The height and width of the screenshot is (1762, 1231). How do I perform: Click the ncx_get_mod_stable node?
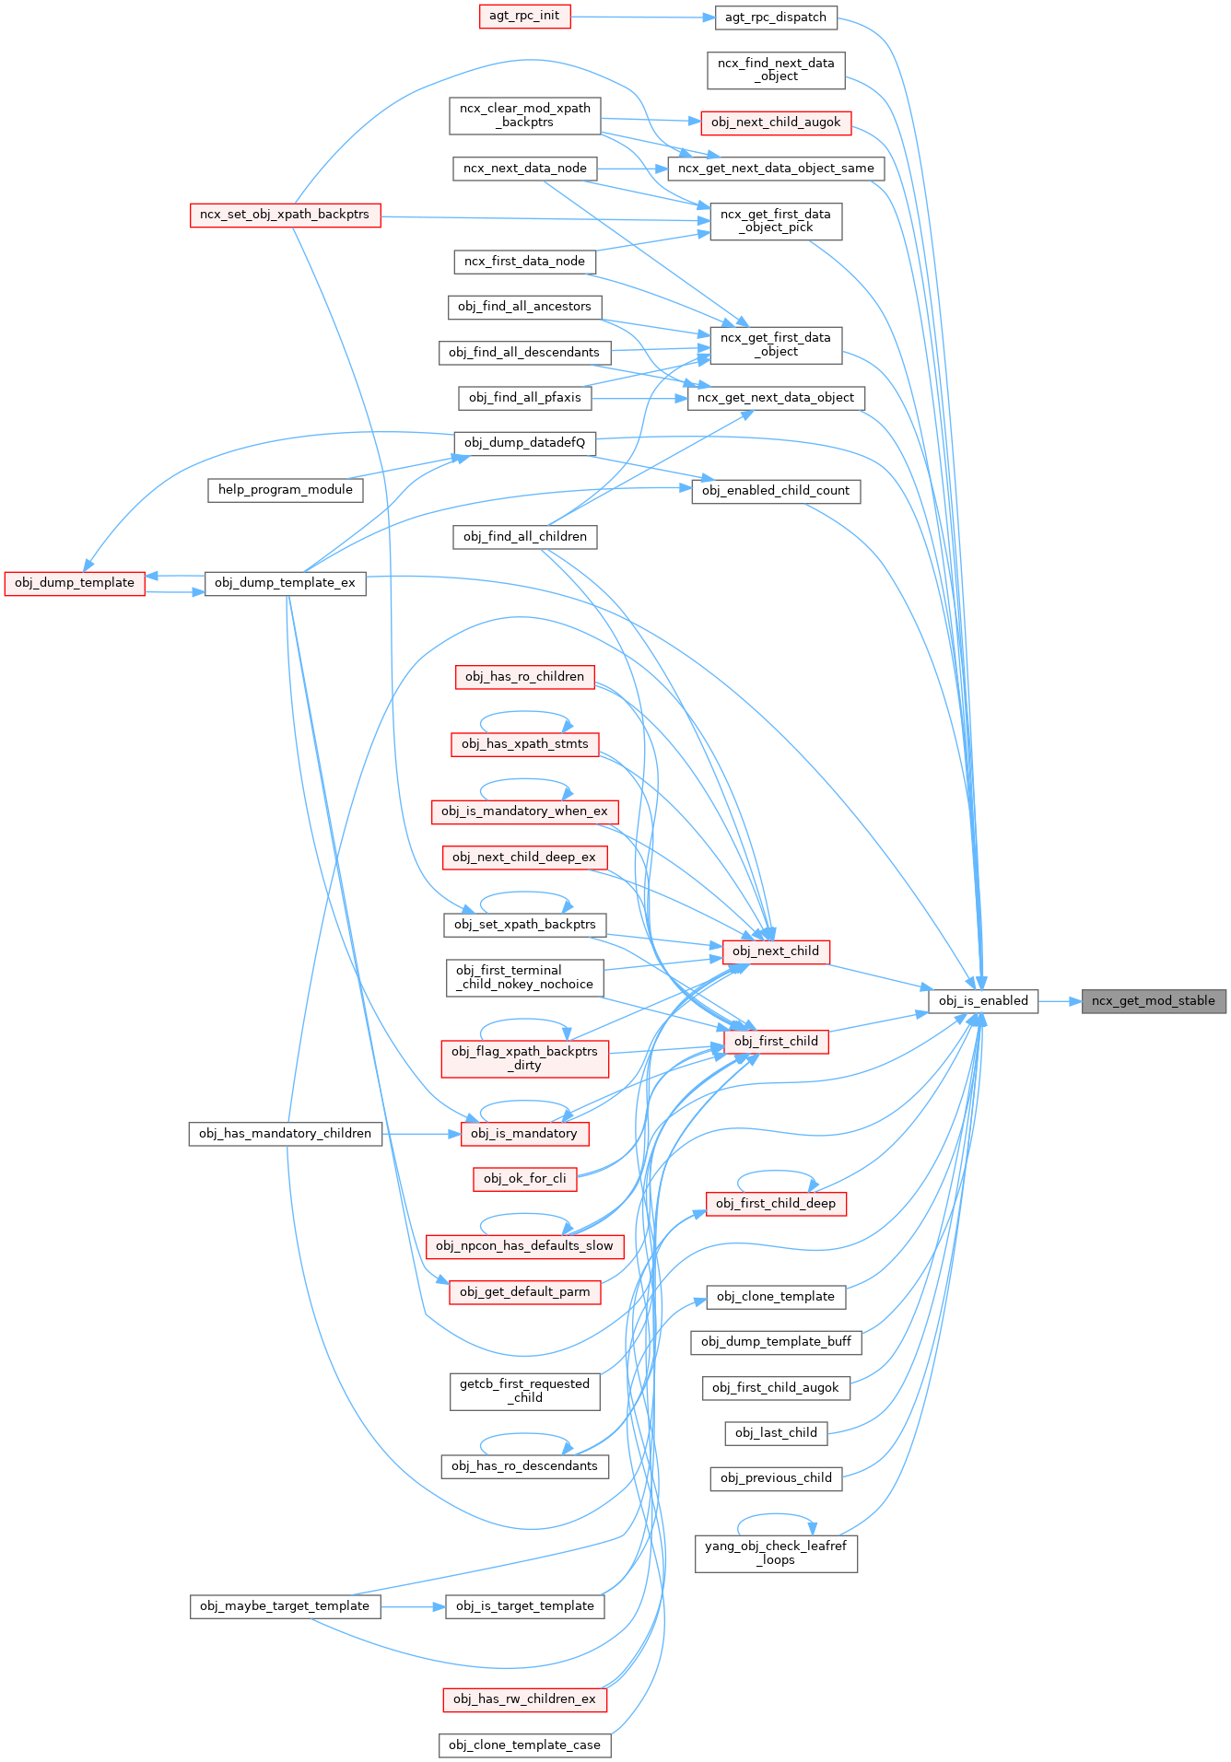click(1153, 1001)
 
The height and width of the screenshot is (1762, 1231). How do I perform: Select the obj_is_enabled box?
click(983, 1001)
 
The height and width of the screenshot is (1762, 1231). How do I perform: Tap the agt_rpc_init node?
click(524, 16)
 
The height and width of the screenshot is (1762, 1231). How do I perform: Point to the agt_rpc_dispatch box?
click(775, 18)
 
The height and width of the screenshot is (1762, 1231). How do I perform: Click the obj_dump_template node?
click(75, 583)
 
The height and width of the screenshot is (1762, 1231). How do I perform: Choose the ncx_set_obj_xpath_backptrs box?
click(285, 215)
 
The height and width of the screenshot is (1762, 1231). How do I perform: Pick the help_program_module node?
click(285, 490)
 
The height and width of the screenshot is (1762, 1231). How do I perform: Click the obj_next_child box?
click(776, 951)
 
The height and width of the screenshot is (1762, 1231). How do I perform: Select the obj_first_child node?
click(776, 1042)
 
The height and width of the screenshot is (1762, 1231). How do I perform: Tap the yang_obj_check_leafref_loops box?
click(776, 1553)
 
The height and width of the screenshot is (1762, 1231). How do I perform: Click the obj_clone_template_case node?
click(524, 1745)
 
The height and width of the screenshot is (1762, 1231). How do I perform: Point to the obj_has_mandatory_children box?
click(285, 1134)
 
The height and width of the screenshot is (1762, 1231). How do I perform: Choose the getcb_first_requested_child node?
click(524, 1391)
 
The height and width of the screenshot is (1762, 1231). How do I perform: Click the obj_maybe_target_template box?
click(285, 1606)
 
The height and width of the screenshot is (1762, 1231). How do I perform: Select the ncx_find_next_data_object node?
click(776, 70)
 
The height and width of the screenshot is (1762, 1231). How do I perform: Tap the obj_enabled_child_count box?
click(776, 491)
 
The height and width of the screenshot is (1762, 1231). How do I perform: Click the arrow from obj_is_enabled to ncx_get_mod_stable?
click(1060, 1001)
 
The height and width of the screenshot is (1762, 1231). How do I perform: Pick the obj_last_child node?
click(776, 1433)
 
